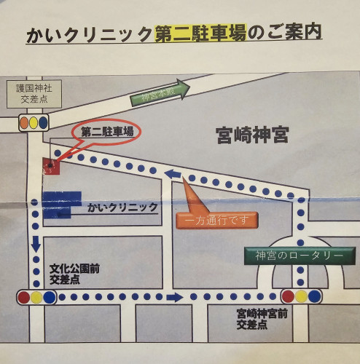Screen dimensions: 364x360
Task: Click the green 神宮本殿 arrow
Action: point(160,94)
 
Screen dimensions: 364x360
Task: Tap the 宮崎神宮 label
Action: point(252,135)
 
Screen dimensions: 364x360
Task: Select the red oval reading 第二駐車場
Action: point(106,132)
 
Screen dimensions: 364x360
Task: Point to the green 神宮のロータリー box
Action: point(299,256)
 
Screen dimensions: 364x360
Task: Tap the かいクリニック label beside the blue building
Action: point(122,207)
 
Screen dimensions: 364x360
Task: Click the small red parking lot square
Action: point(51,166)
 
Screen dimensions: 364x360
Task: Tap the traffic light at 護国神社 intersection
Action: point(34,122)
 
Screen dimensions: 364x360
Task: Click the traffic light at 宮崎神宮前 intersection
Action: point(302,296)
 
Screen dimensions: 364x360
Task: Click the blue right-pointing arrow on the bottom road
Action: point(174,297)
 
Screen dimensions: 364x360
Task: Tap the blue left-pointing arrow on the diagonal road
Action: point(173,173)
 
